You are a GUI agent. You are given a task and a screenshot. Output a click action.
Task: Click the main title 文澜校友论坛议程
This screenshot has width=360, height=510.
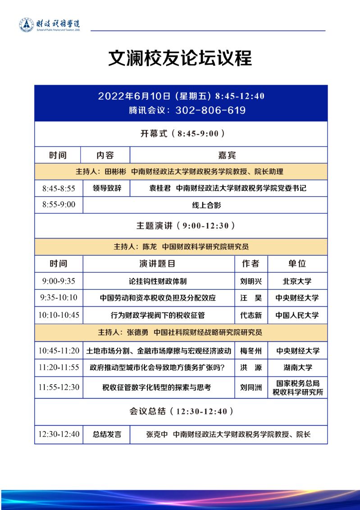pos(180,59)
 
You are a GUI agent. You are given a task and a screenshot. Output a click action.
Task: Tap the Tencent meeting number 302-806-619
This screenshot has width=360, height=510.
pos(210,110)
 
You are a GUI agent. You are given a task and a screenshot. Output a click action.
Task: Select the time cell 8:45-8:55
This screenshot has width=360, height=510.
pos(59,188)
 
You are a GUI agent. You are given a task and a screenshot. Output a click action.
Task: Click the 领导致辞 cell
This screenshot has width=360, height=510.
pos(107,188)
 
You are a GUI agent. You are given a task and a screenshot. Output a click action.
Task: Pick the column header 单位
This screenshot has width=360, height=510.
pos(297,263)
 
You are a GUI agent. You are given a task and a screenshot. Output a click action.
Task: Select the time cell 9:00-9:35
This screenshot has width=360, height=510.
pos(59,281)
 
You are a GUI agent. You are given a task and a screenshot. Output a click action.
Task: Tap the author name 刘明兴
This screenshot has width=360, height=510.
pos(251,281)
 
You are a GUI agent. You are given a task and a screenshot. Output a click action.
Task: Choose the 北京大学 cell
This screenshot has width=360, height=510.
pos(297,281)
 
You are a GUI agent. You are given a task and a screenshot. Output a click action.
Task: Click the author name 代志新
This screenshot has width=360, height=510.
pos(251,315)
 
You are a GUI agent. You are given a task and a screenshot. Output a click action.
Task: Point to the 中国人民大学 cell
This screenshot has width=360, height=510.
pos(297,315)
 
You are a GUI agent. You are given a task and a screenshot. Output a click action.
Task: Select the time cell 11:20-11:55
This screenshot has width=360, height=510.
pos(59,368)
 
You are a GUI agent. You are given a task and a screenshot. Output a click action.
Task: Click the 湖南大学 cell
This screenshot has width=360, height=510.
pos(297,368)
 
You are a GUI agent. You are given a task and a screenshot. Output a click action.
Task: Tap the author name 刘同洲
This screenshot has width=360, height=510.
pos(251,387)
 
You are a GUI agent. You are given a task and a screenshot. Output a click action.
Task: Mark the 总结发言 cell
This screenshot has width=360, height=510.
pos(107,435)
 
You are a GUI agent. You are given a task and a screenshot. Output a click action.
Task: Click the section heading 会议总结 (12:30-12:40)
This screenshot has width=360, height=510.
pos(181,411)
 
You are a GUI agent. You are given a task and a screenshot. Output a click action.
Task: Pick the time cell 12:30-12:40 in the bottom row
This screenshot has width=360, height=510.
pos(59,434)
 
